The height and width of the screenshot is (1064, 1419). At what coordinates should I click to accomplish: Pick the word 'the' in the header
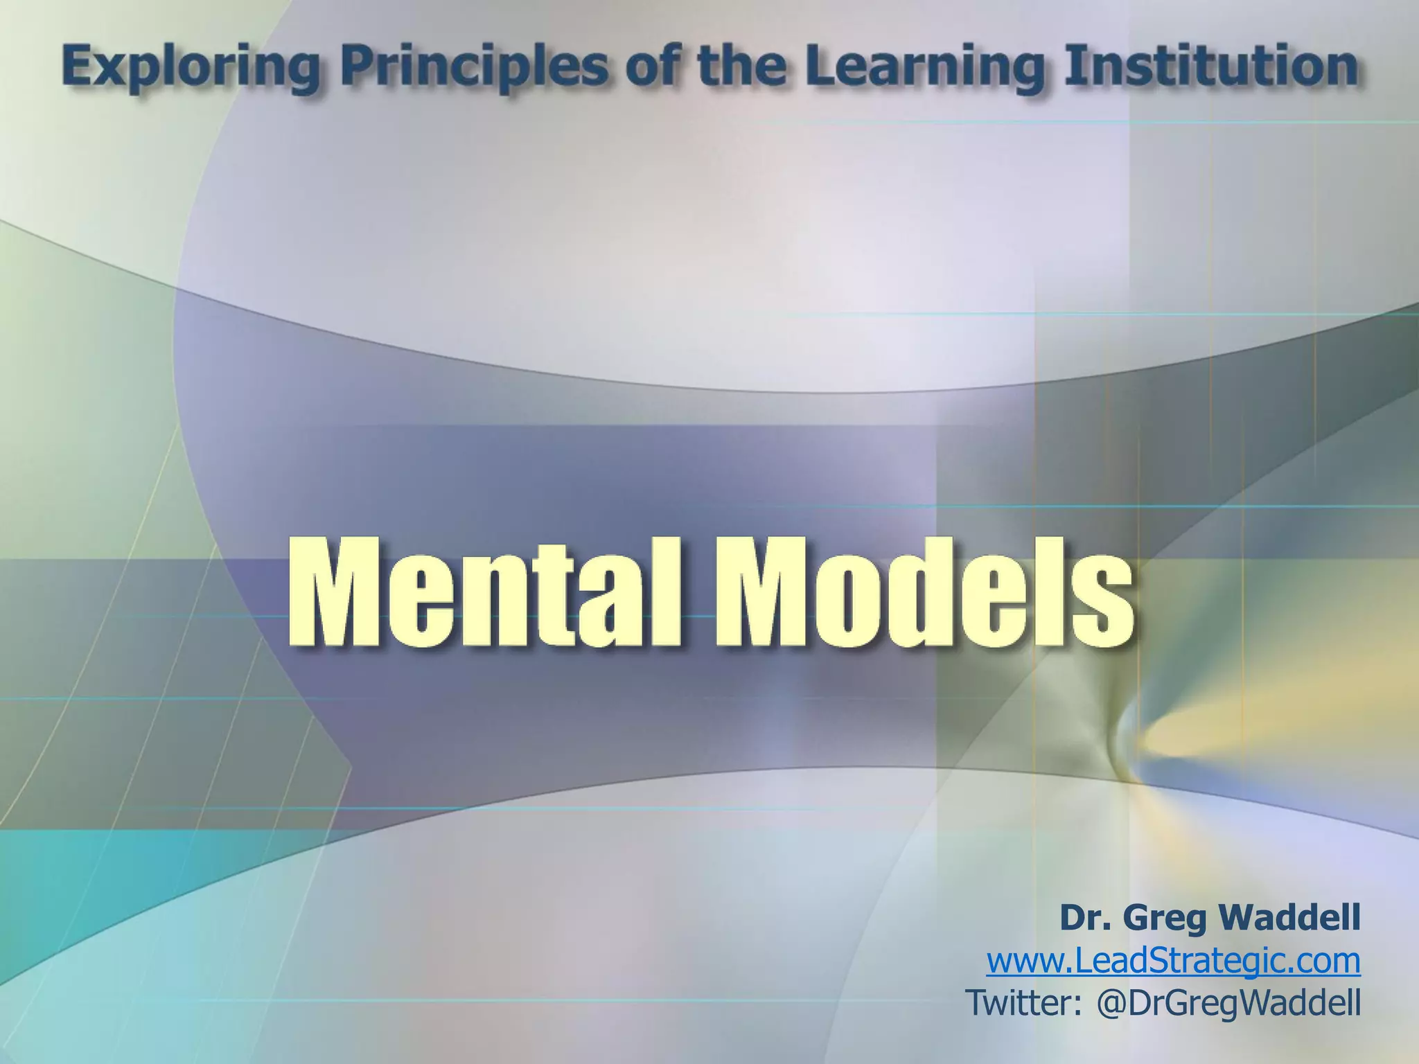pyautogui.click(x=741, y=67)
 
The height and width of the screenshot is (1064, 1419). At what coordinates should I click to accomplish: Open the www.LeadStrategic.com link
pyautogui.click(x=1173, y=961)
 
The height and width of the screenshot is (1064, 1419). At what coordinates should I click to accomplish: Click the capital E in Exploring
pyautogui.click(x=78, y=67)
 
